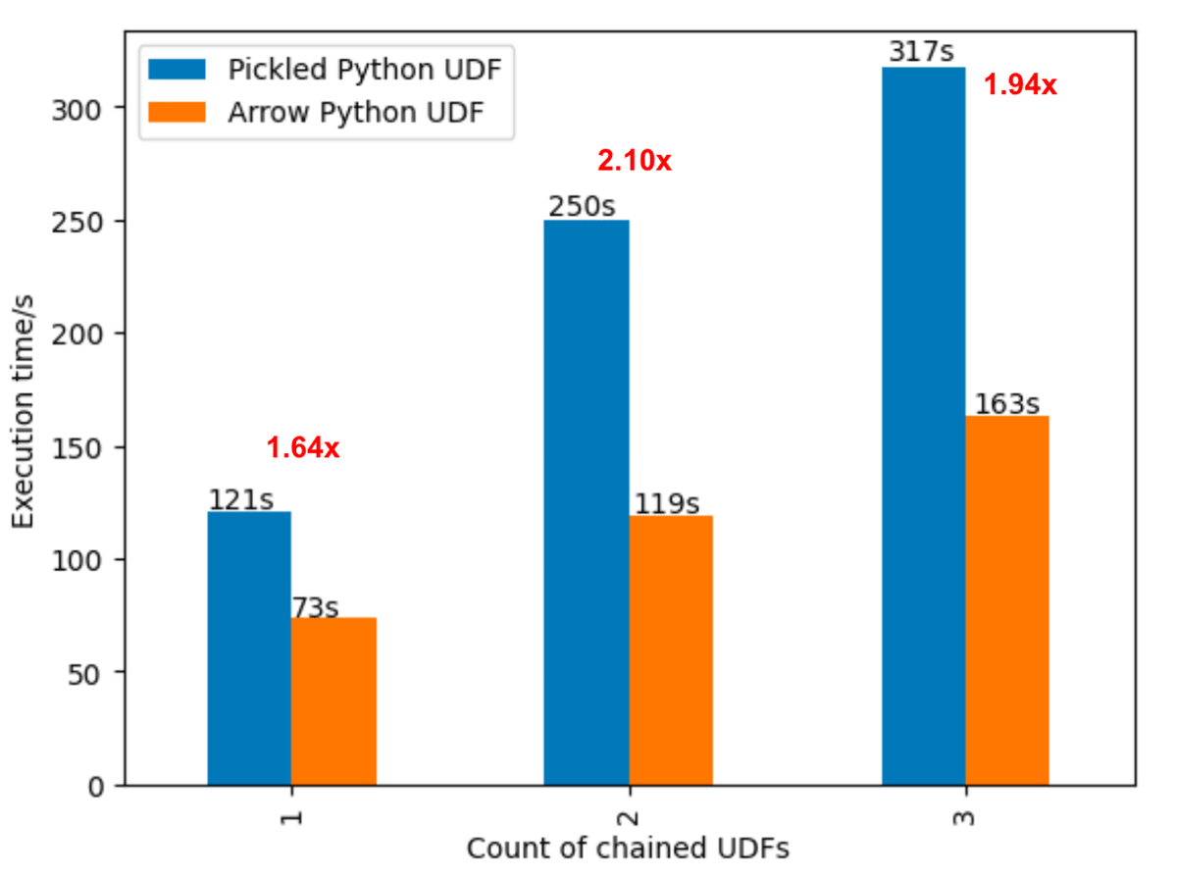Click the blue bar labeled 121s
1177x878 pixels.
(x=249, y=647)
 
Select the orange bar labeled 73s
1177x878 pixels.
(x=333, y=701)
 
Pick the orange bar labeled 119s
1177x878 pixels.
(x=671, y=649)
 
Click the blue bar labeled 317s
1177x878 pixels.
(x=923, y=426)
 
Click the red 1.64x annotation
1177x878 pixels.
(x=303, y=448)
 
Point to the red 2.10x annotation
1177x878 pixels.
(x=635, y=161)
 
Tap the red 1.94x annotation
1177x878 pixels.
(x=1020, y=85)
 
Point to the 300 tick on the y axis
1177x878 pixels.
(x=86, y=107)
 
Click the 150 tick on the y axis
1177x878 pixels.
(x=86, y=447)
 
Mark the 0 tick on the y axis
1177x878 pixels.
(x=98, y=786)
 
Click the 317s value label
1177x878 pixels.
(x=921, y=52)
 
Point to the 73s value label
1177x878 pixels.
(x=315, y=608)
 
